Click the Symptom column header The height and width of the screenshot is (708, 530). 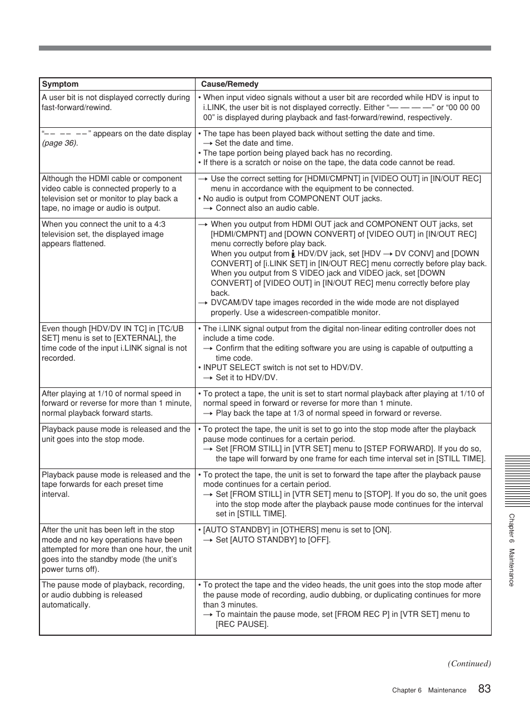pos(60,84)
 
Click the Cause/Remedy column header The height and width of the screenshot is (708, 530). pos(229,84)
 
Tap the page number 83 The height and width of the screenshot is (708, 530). pos(484,689)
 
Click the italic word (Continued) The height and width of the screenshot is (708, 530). pos(469,664)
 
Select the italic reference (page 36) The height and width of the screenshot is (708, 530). pos(60,143)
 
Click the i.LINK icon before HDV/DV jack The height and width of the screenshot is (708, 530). pos(293,254)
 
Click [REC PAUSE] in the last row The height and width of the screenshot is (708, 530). pos(242,625)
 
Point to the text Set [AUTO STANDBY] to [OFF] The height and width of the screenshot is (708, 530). pos(272,540)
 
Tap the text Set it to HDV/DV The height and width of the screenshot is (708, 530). pos(246,378)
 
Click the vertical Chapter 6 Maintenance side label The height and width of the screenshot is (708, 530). pos(512,550)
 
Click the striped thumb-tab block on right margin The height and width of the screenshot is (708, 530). pos(517,481)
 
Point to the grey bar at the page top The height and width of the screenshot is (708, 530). pos(264,48)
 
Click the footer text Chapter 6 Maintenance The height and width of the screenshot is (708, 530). pos(429,690)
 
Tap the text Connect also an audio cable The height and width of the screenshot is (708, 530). pos(267,208)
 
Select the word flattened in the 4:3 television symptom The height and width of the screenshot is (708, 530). pos(89,244)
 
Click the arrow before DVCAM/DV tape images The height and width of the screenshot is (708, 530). pos(203,303)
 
